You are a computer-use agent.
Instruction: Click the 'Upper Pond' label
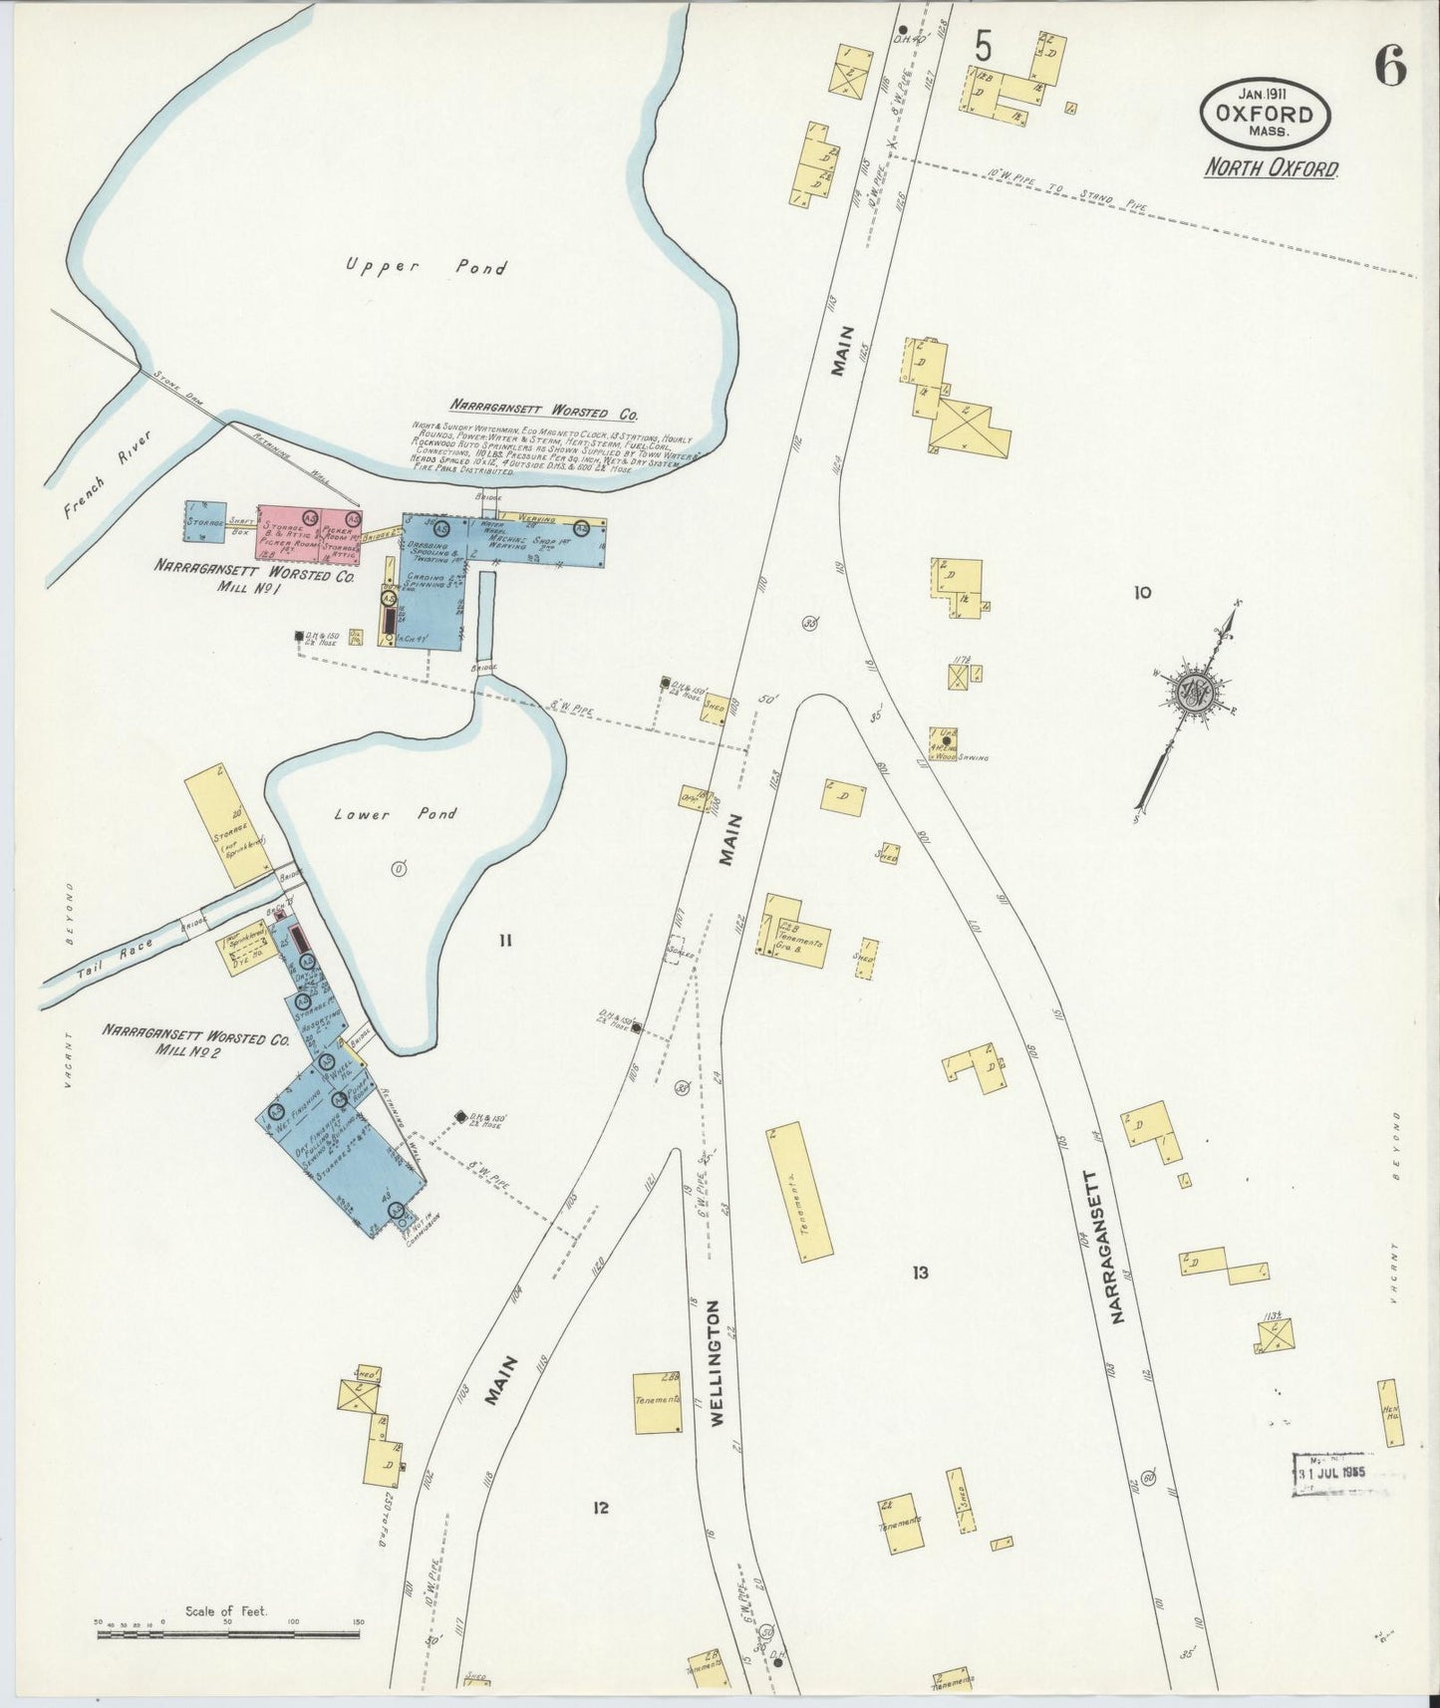tap(426, 266)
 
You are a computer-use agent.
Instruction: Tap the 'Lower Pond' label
tap(396, 814)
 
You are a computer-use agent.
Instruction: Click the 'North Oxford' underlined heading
tap(1271, 167)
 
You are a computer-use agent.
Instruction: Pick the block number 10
tap(1141, 592)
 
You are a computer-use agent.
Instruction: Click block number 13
tap(919, 1273)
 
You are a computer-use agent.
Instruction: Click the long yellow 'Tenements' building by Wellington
tap(799, 1193)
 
